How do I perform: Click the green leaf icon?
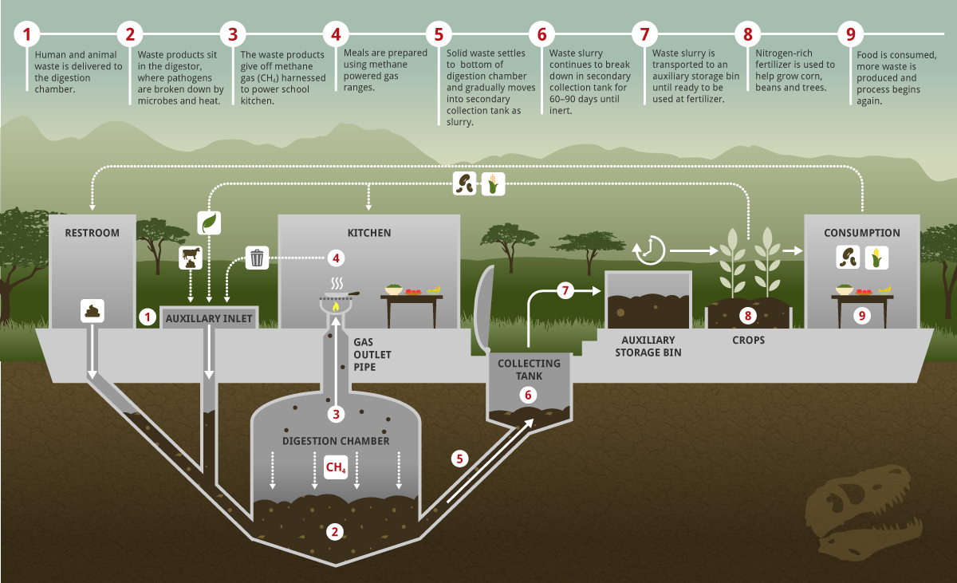click(x=209, y=223)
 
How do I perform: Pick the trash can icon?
click(x=257, y=258)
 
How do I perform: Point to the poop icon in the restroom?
click(x=93, y=310)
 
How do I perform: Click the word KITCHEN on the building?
click(x=368, y=233)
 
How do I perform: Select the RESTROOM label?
click(x=93, y=233)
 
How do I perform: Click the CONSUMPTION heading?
click(x=861, y=233)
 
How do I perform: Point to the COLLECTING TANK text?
click(x=529, y=369)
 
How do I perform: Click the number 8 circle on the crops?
click(x=748, y=316)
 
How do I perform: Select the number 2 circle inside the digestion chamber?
click(x=336, y=531)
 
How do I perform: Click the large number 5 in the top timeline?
click(x=438, y=34)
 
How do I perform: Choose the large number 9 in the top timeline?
click(x=851, y=34)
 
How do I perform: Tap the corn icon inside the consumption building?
click(x=876, y=258)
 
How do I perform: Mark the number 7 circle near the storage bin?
click(x=565, y=290)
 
